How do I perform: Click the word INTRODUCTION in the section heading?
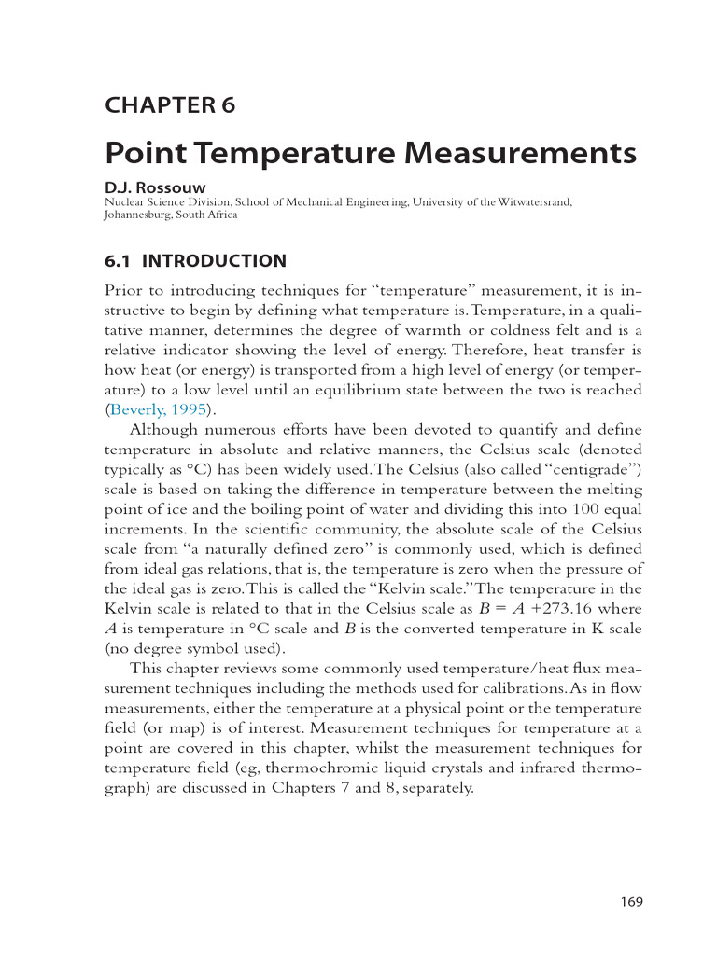pos(214,261)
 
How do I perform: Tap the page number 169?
pos(632,902)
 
